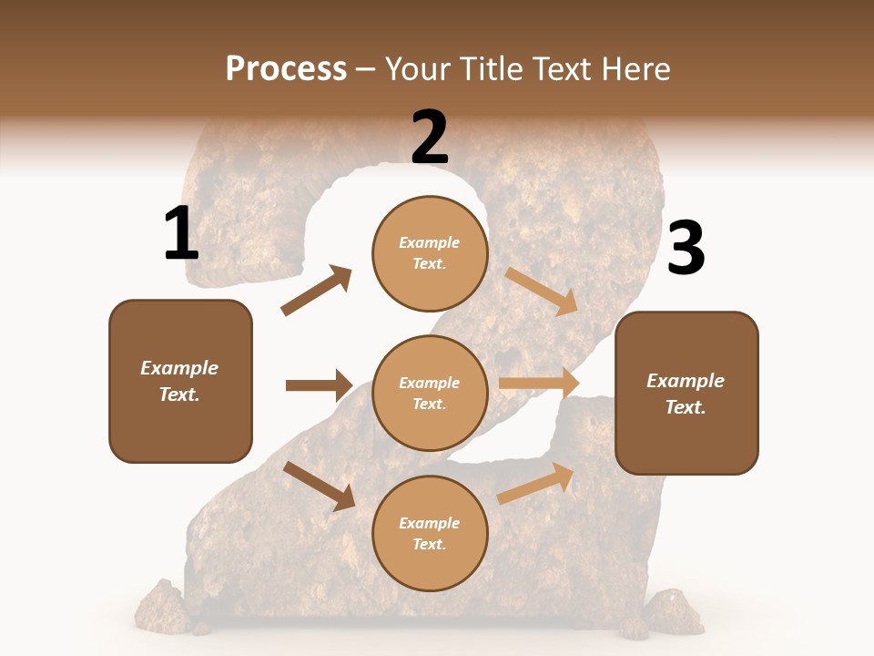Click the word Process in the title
tap(286, 69)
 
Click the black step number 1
tap(181, 234)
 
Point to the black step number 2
tap(430, 138)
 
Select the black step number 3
tap(686, 250)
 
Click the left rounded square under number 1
tap(180, 381)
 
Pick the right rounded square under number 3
tap(686, 393)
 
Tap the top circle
tap(430, 253)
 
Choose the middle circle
tap(430, 394)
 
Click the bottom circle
tap(430, 534)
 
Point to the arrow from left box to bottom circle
tap(320, 486)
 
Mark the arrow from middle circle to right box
tap(539, 384)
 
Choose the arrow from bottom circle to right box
tap(536, 482)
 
